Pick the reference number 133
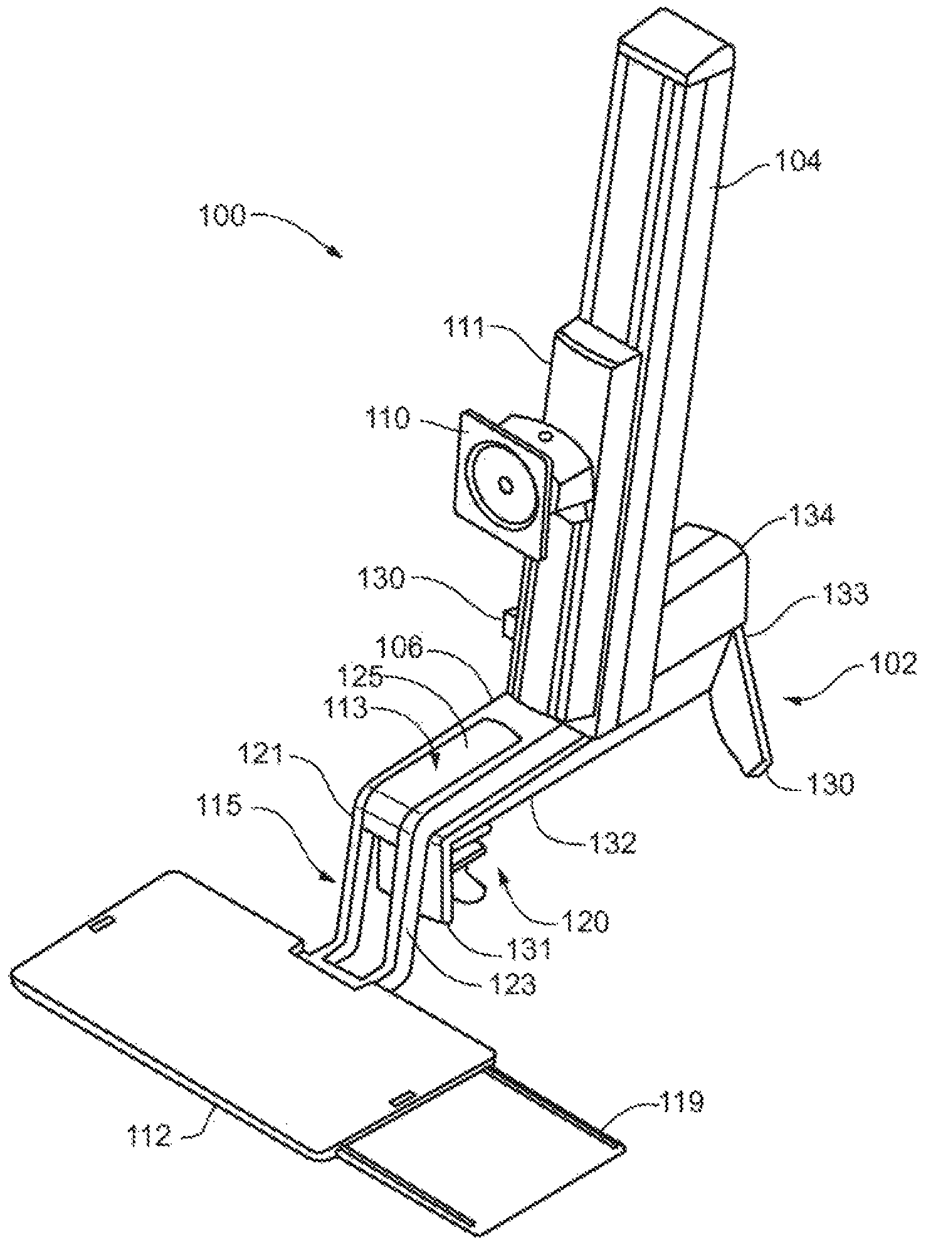(840, 593)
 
